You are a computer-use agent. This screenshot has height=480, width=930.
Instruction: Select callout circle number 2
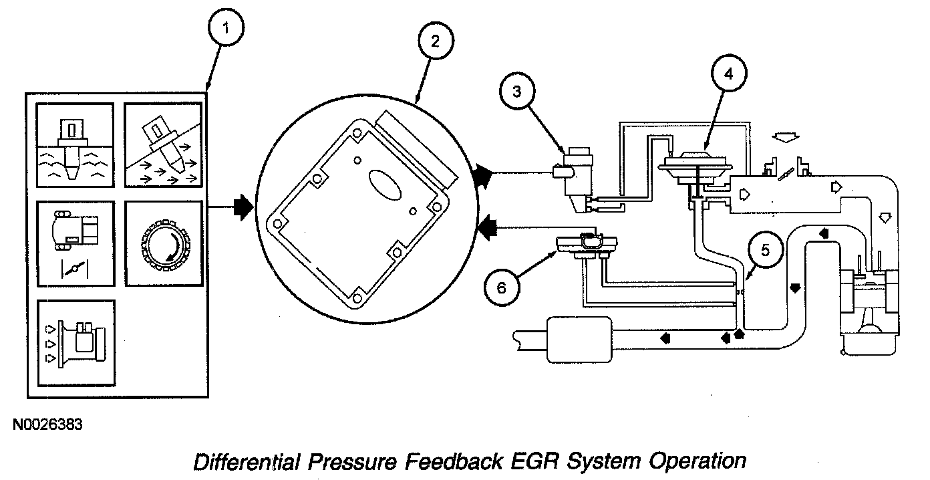pos(435,41)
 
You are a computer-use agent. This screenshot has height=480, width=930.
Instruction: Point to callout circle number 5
pos(765,251)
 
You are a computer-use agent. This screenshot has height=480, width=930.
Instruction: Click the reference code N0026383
pos(47,425)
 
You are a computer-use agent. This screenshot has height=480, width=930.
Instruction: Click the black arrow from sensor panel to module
pos(243,207)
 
